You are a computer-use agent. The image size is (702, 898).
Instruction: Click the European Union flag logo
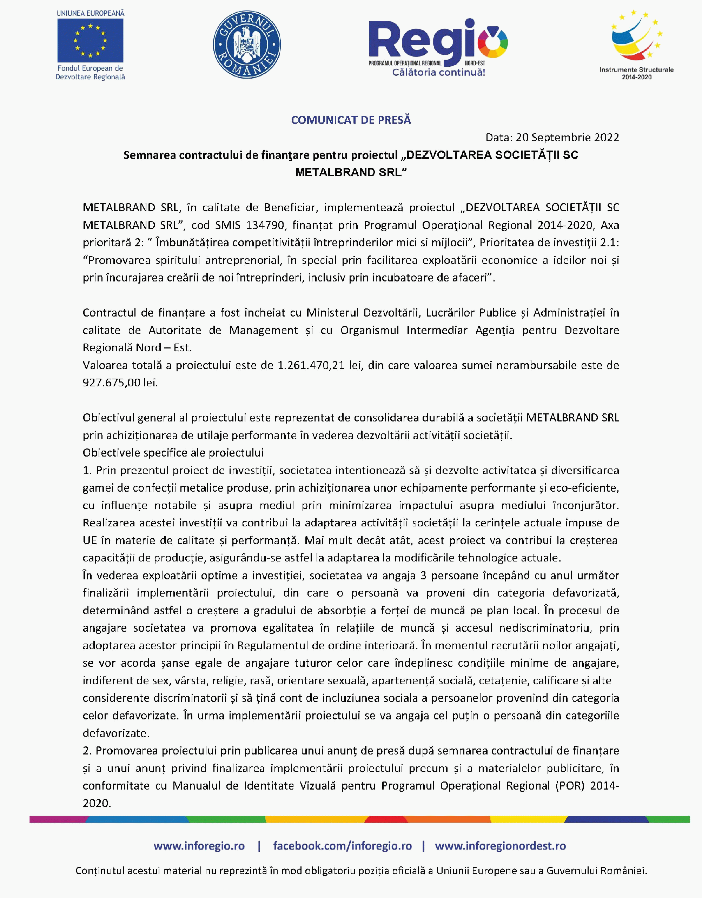coord(91,41)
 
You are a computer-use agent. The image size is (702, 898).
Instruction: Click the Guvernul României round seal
coord(247,45)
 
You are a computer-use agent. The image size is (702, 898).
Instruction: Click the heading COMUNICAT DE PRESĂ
coord(351,120)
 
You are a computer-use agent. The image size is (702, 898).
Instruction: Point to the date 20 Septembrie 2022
coord(568,137)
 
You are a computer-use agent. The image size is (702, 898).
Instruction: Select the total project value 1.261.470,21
coord(311,365)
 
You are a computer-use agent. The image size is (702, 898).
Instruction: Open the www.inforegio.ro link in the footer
coord(199,846)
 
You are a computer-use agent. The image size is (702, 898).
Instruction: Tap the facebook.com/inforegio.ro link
coord(342,846)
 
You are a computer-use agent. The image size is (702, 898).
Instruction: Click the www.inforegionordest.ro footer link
coord(500,846)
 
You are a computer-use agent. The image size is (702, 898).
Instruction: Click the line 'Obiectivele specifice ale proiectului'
coord(173,453)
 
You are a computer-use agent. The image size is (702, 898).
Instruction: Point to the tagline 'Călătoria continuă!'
coord(438,73)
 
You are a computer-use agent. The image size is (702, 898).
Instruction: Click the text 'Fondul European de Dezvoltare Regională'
coord(91,73)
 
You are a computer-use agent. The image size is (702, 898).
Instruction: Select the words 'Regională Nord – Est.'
coord(137,348)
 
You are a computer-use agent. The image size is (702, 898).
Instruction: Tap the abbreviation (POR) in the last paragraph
coord(570,786)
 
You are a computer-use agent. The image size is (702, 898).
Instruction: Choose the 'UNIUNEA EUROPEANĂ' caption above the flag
coord(91,13)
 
